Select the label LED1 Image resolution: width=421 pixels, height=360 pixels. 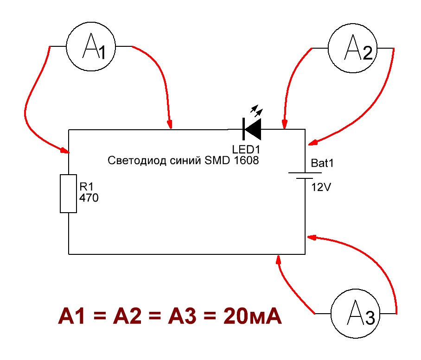tap(246, 149)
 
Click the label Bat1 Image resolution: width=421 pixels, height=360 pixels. tap(322, 163)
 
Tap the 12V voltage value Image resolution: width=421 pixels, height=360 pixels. tap(321, 187)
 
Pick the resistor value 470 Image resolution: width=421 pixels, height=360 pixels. tap(89, 198)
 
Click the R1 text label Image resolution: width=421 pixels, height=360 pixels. tap(86, 186)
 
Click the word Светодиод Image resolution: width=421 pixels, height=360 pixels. tap(137, 161)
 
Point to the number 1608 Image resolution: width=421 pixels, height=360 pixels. tap(247, 160)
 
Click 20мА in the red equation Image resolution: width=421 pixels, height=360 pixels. tap(252, 316)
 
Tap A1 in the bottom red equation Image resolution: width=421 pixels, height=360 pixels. tap(71, 316)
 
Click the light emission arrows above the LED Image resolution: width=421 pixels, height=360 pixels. tap(257, 111)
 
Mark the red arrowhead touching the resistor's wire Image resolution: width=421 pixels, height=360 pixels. tap(65, 150)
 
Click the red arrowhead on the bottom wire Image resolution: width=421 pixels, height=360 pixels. tap(279, 259)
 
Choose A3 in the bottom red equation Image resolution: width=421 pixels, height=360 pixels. tap(182, 316)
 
